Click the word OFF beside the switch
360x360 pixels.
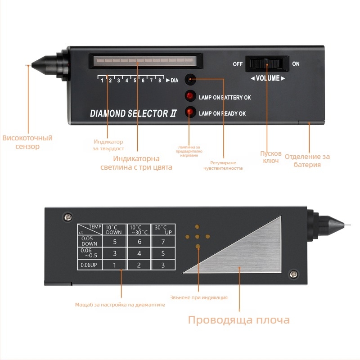tap(238, 64)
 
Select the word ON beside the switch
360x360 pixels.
tap(296, 64)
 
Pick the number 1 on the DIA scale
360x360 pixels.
tap(103, 81)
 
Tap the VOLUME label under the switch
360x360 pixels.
tap(268, 78)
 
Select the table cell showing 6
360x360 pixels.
tap(139, 242)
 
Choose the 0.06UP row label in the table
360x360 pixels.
tap(89, 265)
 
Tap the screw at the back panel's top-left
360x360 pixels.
tap(68, 217)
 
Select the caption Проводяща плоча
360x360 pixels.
tap(238, 320)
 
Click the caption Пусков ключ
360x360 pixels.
tap(270, 157)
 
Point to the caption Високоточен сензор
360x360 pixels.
tap(27, 142)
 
